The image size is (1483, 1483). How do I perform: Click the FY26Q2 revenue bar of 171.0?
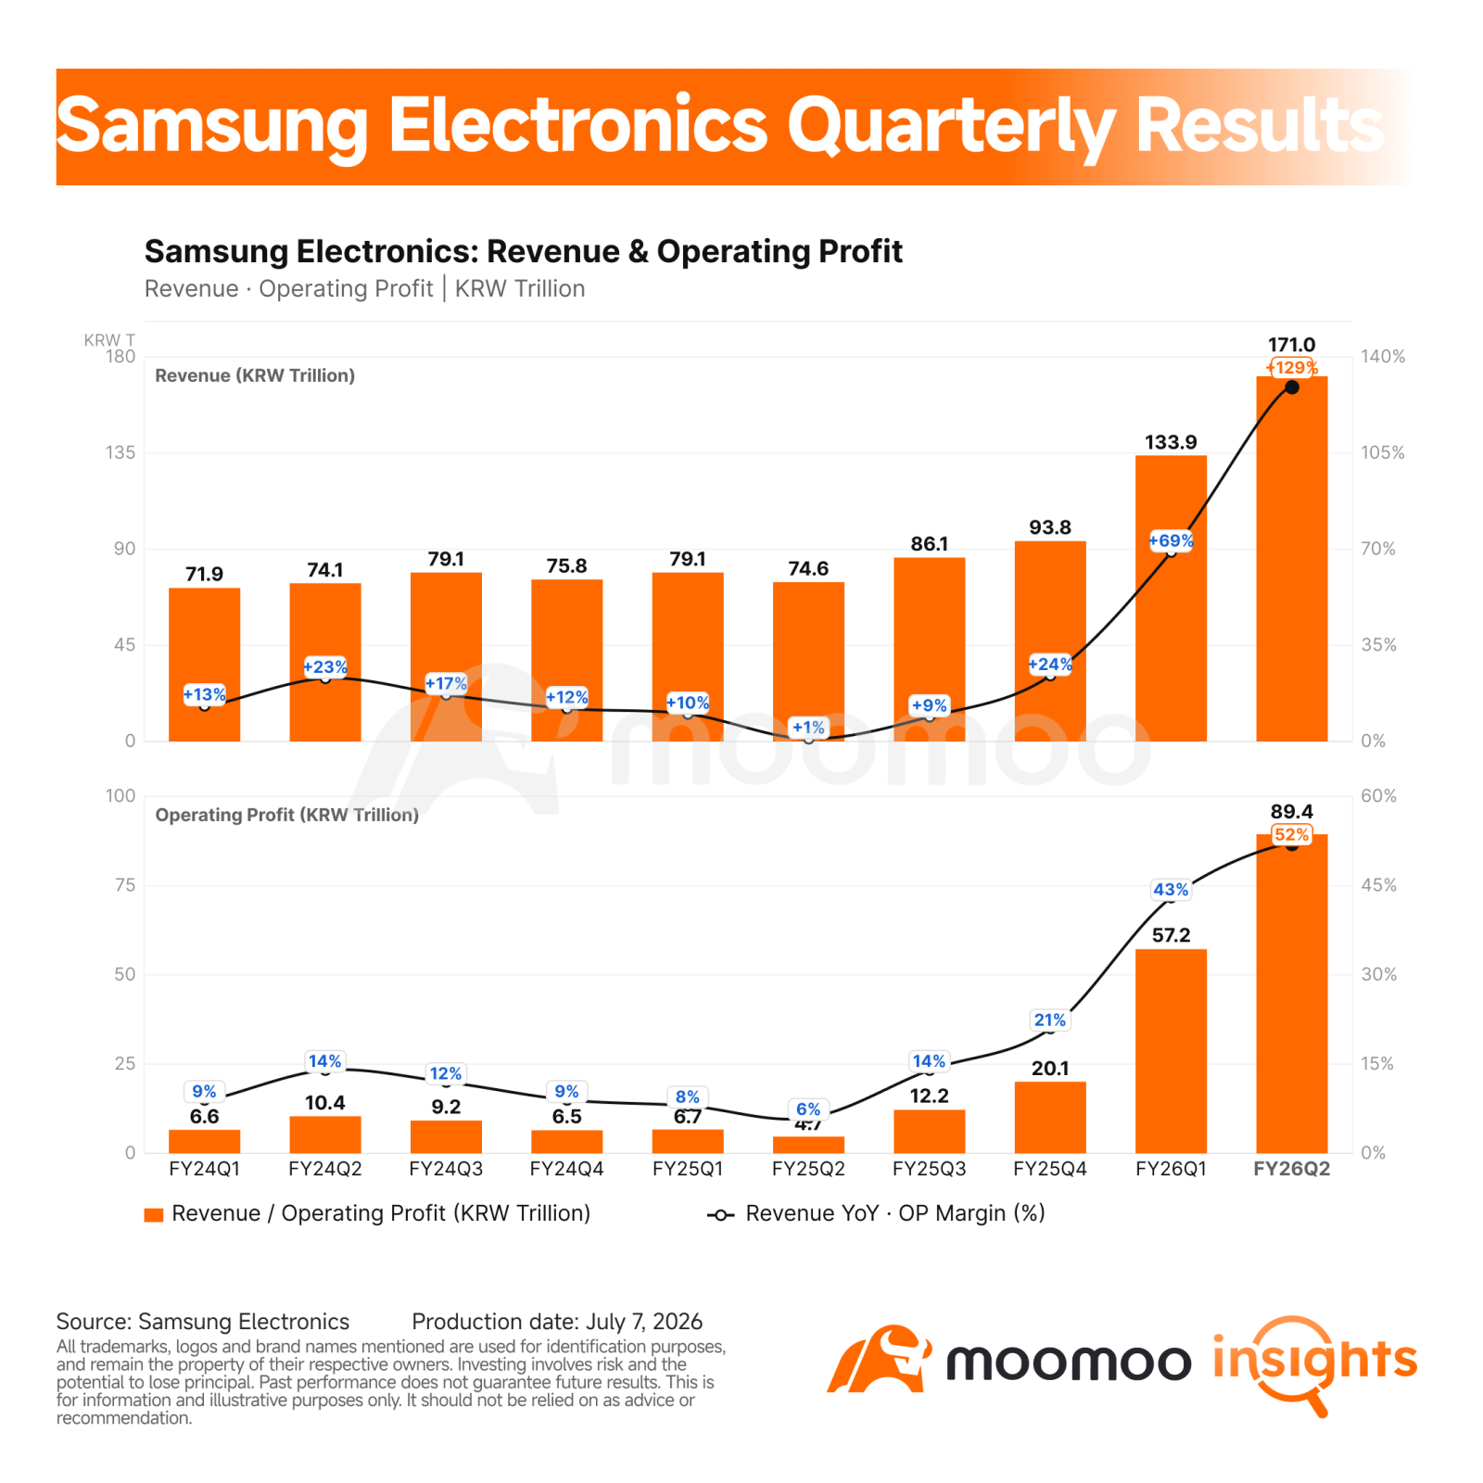[x=1291, y=558]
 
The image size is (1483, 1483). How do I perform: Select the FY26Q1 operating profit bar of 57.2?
[x=1171, y=1050]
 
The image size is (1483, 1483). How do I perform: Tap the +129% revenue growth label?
[x=1291, y=368]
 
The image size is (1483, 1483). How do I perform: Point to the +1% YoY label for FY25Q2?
[x=808, y=728]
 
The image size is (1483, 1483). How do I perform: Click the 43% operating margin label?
[x=1171, y=890]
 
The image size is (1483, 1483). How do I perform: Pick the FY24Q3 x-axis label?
[x=446, y=1169]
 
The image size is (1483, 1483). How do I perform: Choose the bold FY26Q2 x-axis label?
[x=1291, y=1169]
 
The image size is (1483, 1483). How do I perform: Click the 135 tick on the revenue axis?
[x=120, y=452]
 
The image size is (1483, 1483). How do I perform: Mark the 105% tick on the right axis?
[x=1382, y=452]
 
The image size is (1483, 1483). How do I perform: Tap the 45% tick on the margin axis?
[x=1378, y=885]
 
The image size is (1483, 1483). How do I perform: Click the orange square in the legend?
[x=154, y=1215]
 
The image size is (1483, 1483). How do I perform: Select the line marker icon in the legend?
[x=720, y=1215]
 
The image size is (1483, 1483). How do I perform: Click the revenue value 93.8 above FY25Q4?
[x=1050, y=527]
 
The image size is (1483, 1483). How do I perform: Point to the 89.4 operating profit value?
[x=1291, y=812]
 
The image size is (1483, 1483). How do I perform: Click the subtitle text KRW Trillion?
[x=520, y=289]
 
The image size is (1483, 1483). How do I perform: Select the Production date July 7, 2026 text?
[x=557, y=1322]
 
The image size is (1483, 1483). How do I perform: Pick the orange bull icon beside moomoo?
[x=879, y=1359]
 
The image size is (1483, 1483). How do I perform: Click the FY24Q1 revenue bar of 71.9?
[x=204, y=665]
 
